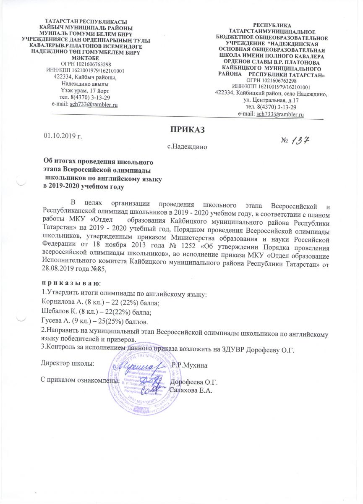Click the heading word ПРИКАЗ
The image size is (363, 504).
184,129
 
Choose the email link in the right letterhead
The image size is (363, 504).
280,114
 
